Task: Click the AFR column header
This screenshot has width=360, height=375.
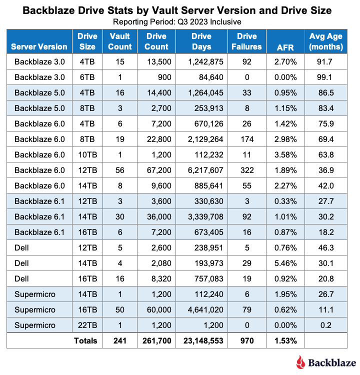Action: pos(285,47)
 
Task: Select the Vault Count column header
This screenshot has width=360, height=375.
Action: pos(120,41)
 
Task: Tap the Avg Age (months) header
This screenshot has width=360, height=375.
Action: pos(326,41)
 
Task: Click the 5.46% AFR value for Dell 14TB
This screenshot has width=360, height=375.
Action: pos(285,263)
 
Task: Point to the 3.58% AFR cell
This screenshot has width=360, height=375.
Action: pos(285,154)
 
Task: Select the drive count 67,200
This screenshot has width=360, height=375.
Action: pos(159,170)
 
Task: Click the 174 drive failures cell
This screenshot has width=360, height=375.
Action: pos(247,139)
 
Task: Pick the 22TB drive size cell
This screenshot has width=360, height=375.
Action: pos(87,325)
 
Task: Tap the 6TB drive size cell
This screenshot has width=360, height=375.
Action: pos(87,77)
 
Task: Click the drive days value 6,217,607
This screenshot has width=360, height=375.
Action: pos(205,170)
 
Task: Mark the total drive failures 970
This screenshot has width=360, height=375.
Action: pos(247,341)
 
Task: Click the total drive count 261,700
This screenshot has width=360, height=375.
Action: pos(157,341)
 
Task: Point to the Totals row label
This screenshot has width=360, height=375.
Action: pos(85,341)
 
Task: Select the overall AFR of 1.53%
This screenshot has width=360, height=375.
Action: pos(285,341)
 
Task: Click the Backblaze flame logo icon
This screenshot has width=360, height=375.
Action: pos(300,362)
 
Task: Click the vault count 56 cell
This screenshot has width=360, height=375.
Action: pos(120,170)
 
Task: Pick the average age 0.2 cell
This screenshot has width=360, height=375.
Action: pos(326,325)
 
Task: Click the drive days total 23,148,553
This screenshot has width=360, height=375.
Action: pos(203,341)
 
